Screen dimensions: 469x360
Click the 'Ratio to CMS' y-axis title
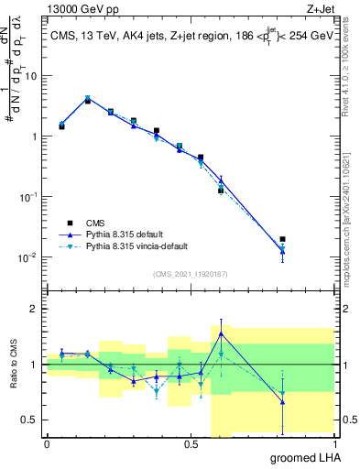point(12,365)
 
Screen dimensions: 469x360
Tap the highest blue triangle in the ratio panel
point(221,333)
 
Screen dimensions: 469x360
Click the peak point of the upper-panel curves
point(88,99)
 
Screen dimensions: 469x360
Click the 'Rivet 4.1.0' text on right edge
point(353,82)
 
